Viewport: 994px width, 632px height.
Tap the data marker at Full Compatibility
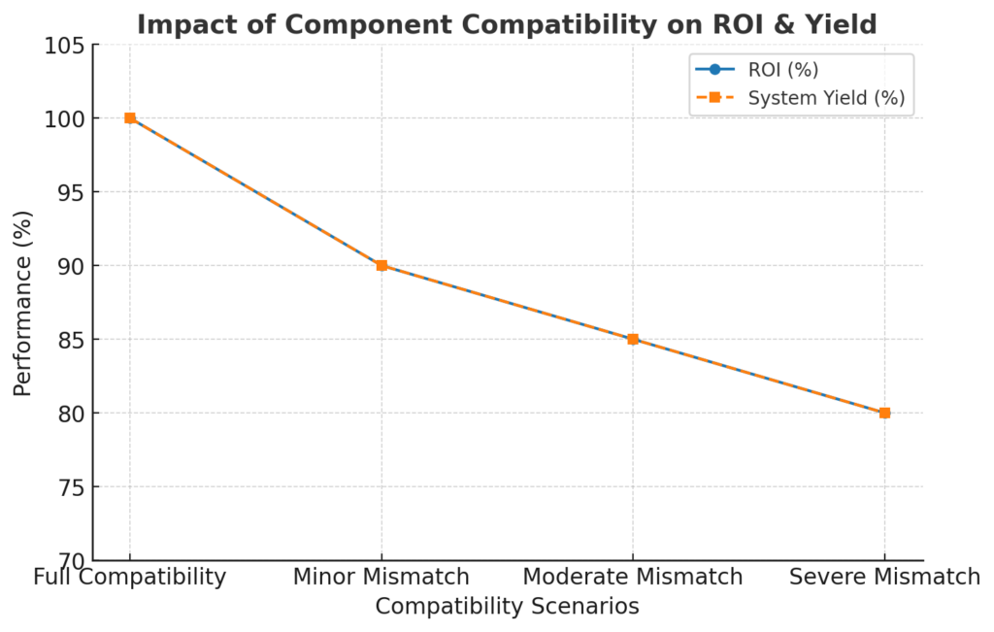tap(130, 118)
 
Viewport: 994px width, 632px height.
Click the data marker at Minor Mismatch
tap(381, 265)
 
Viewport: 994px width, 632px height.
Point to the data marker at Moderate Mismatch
tap(633, 339)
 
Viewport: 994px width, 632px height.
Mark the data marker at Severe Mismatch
tap(884, 413)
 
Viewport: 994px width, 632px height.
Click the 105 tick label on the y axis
tap(63, 45)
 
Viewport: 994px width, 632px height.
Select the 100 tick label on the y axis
tap(63, 118)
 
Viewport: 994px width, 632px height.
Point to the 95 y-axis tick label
tap(69, 192)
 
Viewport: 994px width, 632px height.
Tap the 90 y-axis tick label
tap(69, 266)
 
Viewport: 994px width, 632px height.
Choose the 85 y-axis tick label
tap(69, 340)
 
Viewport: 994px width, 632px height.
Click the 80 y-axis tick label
tap(69, 414)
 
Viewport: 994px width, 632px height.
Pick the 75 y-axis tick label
tap(69, 487)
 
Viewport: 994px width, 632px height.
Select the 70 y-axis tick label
tap(69, 561)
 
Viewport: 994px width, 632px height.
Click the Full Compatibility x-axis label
tap(130, 578)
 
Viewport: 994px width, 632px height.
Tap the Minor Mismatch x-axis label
tap(381, 578)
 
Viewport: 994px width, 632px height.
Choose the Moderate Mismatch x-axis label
tap(633, 578)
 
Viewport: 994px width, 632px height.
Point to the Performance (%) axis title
tap(22, 302)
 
